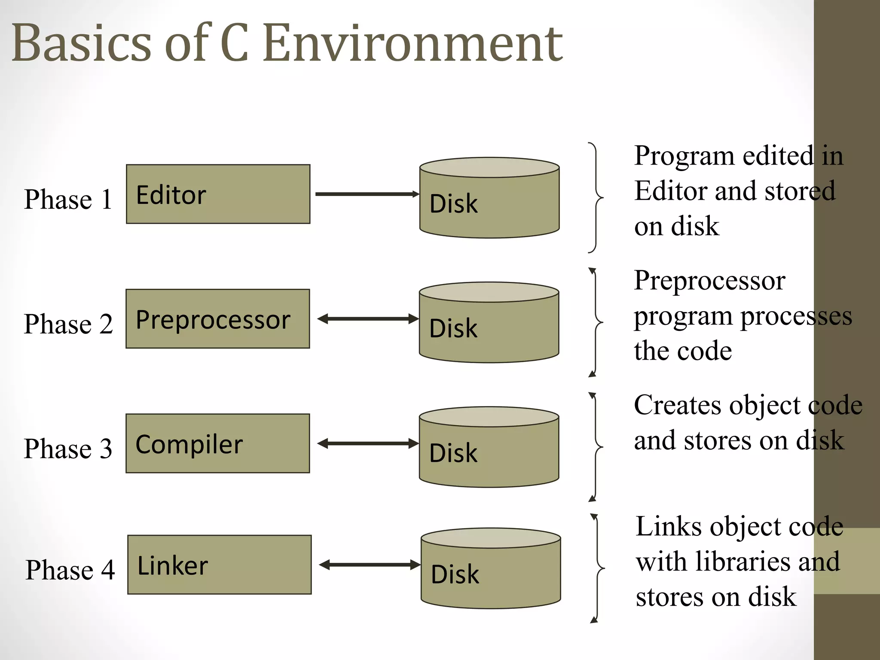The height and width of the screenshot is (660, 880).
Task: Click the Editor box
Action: [x=218, y=194]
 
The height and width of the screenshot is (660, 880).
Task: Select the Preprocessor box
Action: [x=217, y=319]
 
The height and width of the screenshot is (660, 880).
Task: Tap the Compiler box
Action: [x=217, y=443]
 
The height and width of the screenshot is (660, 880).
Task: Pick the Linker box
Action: [x=219, y=565]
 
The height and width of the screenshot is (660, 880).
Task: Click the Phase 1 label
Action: [x=68, y=199]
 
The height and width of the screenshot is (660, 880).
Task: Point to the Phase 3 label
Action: [x=68, y=449]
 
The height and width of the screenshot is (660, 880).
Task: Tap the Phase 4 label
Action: [x=70, y=570]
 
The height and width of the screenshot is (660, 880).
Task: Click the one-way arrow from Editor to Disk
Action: [x=367, y=194]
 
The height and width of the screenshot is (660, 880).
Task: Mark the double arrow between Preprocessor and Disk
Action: [x=367, y=319]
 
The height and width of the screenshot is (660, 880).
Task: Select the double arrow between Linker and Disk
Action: [x=369, y=565]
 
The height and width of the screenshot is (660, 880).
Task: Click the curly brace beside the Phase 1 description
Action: [x=596, y=198]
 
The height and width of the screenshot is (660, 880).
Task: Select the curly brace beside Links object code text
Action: [x=597, y=568]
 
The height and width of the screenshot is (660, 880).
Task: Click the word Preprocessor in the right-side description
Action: [x=709, y=281]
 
